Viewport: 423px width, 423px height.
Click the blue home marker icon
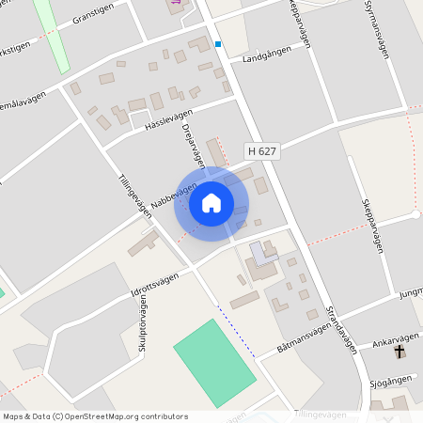click(211, 203)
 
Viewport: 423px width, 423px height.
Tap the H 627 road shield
click(262, 150)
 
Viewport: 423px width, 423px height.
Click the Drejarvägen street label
click(193, 145)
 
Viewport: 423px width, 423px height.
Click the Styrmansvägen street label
click(377, 29)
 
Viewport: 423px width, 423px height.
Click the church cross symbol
click(399, 352)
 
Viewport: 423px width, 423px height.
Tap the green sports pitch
click(214, 362)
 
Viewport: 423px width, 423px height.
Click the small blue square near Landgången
click(218, 43)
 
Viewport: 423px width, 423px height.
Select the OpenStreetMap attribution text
click(96, 415)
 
